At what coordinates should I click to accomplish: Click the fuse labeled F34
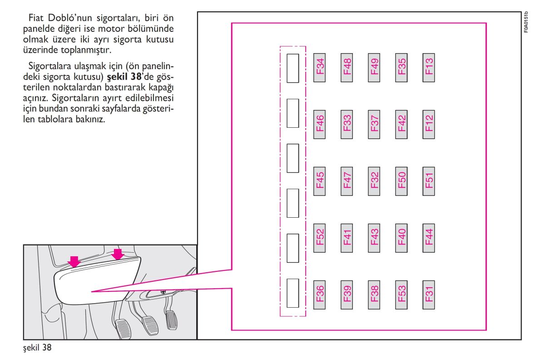[x=319, y=68]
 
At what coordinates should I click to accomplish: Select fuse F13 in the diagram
[x=429, y=68]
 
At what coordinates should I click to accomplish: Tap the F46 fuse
[x=319, y=125]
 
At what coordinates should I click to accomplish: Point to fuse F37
[x=374, y=125]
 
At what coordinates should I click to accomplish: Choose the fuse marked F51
[x=429, y=181]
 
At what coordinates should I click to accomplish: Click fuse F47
[x=347, y=181]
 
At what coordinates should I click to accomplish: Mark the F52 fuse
[x=319, y=238]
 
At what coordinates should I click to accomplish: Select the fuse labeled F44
[x=429, y=238]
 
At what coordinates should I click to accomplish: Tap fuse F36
[x=319, y=295]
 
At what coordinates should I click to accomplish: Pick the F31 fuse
[x=429, y=295]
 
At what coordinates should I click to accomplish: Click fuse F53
[x=401, y=295]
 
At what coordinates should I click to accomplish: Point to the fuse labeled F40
[x=401, y=238]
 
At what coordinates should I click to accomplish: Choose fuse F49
[x=374, y=68]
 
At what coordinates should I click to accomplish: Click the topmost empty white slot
[x=292, y=68]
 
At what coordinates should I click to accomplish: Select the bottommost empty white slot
[x=292, y=293]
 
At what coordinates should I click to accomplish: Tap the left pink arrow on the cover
[x=74, y=261]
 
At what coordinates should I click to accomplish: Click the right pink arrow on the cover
[x=118, y=254]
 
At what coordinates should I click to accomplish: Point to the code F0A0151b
[x=526, y=22]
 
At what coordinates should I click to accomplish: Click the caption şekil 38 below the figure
[x=37, y=348]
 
